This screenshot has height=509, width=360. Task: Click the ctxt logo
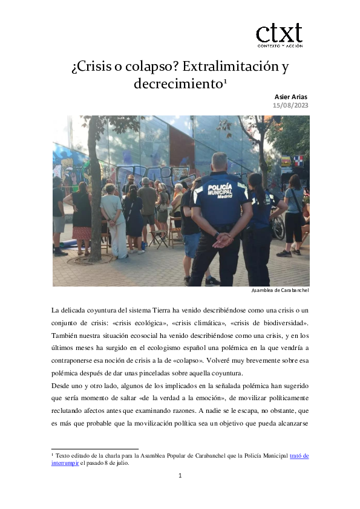coord(279,35)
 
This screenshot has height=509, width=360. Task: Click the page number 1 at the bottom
coord(180,476)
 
